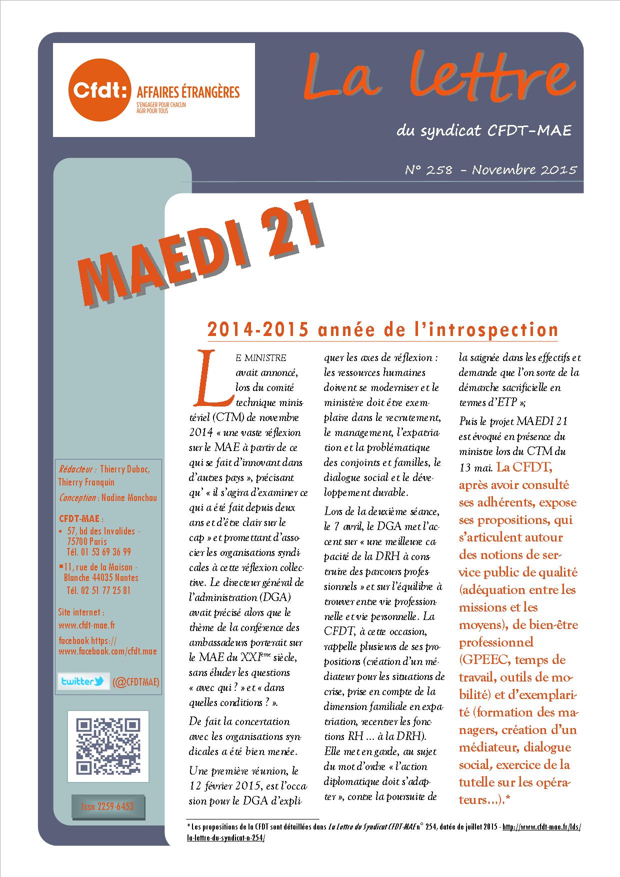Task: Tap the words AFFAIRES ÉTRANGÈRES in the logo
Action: pos(184,91)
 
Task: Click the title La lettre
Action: pos(437,77)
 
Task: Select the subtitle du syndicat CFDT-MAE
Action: pos(483,131)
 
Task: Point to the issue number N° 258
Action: pos(428,170)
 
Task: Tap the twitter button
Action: pos(83,681)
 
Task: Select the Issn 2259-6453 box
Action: pos(107,806)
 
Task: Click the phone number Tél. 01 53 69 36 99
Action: pos(98,552)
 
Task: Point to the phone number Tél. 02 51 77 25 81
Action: pos(98,590)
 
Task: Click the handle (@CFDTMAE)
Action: pos(135,681)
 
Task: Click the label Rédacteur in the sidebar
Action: pos(77,469)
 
